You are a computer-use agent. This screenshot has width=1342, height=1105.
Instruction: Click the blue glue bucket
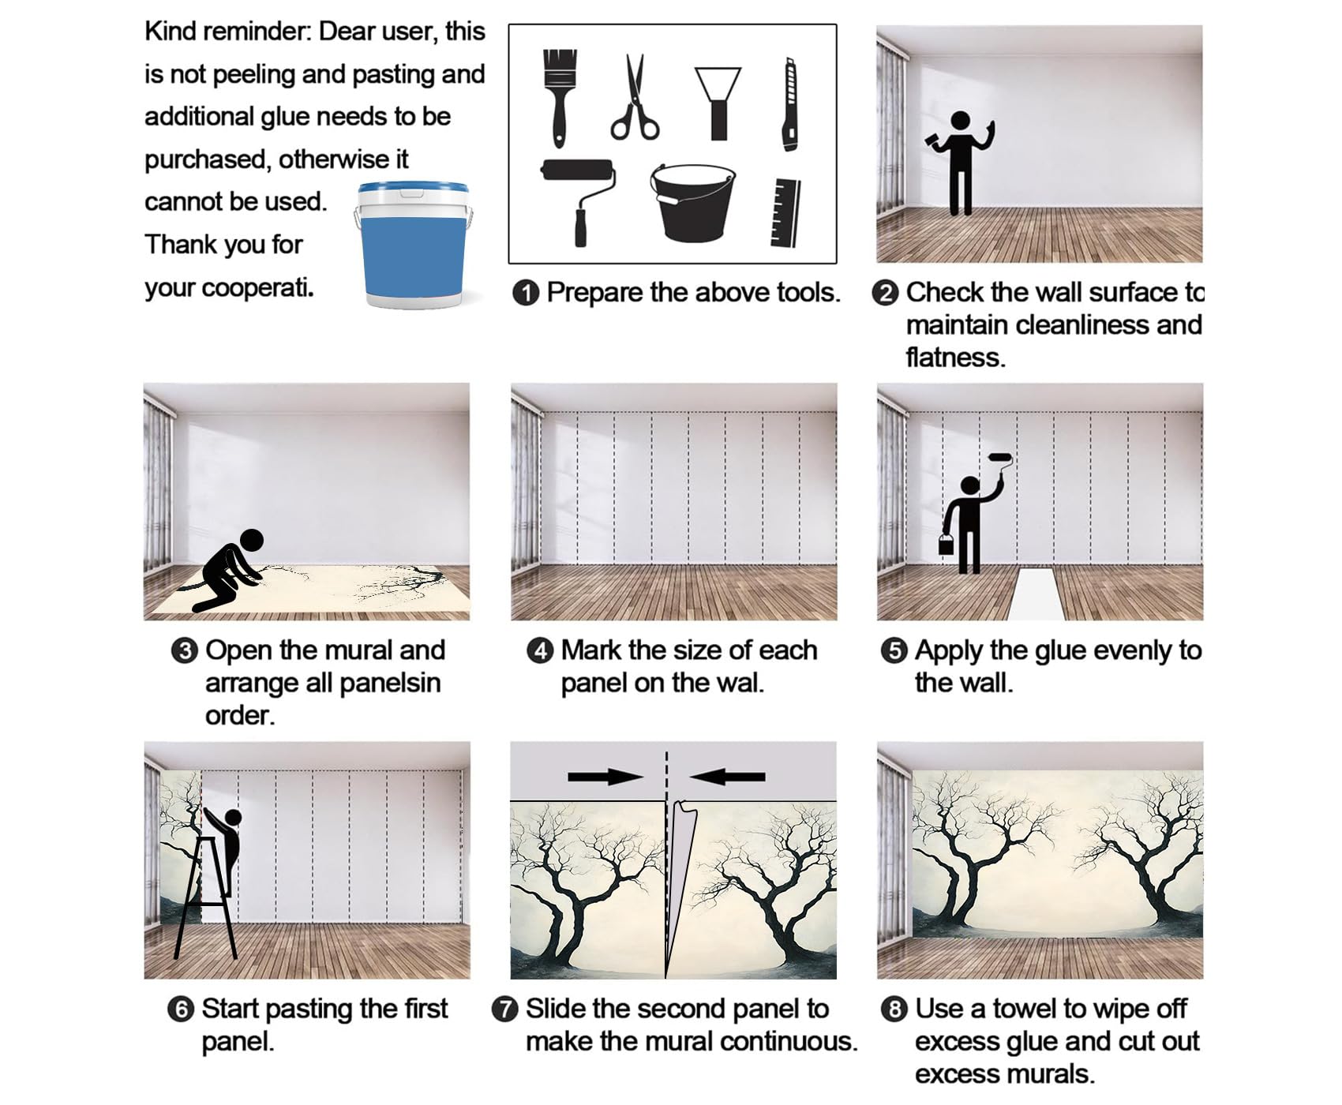(414, 245)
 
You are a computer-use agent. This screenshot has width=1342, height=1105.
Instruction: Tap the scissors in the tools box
(635, 98)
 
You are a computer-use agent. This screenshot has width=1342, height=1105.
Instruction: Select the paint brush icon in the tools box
(560, 98)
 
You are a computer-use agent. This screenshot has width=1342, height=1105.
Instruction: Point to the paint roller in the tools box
(579, 202)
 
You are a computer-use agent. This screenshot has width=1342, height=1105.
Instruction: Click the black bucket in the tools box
(692, 202)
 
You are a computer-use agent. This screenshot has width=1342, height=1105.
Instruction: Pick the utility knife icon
(789, 103)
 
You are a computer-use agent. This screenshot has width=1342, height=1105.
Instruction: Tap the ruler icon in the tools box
(785, 212)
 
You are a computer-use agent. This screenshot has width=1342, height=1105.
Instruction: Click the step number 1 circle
(525, 293)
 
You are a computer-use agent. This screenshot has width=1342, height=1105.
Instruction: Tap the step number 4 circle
(540, 651)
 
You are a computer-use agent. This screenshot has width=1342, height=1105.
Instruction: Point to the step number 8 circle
(894, 1009)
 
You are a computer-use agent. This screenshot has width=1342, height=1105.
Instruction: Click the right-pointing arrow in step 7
(605, 777)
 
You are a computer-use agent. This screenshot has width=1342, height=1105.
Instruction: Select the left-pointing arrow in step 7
(727, 777)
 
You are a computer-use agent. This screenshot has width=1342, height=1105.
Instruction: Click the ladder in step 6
(205, 899)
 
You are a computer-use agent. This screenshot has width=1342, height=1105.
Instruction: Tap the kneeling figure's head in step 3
(251, 541)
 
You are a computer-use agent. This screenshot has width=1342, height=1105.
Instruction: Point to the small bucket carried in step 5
(946, 544)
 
